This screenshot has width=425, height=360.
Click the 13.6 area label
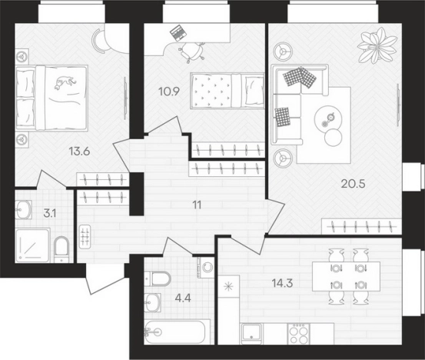(79, 152)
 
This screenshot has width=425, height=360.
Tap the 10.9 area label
(169, 92)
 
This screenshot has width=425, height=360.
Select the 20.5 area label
(353, 184)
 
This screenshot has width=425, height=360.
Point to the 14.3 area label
(282, 284)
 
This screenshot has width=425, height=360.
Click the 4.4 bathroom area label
(183, 298)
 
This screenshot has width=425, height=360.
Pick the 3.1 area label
(50, 214)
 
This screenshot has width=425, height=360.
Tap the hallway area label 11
(197, 205)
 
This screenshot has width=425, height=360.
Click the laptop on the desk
(178, 32)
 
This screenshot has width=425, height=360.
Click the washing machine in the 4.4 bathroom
(206, 267)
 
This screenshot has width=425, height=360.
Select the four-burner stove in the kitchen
(299, 334)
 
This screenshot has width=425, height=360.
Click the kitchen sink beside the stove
(252, 333)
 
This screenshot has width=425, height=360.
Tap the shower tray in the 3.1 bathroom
(33, 245)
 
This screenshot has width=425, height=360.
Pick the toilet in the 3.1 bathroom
(61, 249)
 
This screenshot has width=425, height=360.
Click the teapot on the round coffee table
(330, 118)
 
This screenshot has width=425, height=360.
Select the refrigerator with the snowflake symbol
(228, 286)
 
